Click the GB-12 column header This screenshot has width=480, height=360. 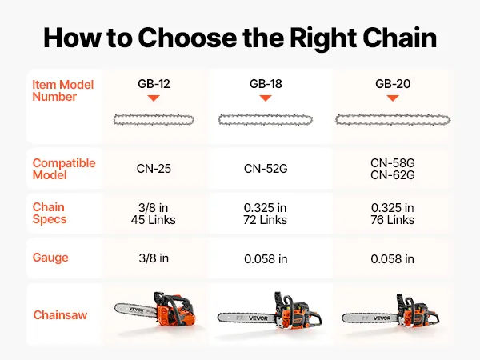click(154, 83)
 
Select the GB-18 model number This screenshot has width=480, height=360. click(266, 83)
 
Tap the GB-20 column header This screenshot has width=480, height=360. click(393, 83)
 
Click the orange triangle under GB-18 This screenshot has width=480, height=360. click(266, 98)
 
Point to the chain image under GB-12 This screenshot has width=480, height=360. click(154, 120)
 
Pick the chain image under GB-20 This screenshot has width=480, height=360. click(393, 120)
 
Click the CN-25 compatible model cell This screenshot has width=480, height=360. click(154, 169)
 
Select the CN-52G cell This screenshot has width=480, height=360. click(266, 169)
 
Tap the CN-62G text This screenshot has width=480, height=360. click(393, 175)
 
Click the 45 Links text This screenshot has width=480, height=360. click(154, 220)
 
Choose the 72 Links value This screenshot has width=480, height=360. click(265, 220)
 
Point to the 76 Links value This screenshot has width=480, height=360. click(393, 220)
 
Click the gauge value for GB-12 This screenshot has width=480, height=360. click(154, 258)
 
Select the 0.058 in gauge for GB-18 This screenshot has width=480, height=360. click(266, 259)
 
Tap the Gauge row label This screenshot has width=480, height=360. click(50, 258)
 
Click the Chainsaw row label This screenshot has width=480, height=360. click(60, 315)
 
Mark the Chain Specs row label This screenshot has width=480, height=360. click(50, 213)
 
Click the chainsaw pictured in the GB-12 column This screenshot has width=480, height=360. click(155, 309)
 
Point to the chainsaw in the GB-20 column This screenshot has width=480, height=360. click(390, 310)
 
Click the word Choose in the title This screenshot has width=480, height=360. click(187, 38)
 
